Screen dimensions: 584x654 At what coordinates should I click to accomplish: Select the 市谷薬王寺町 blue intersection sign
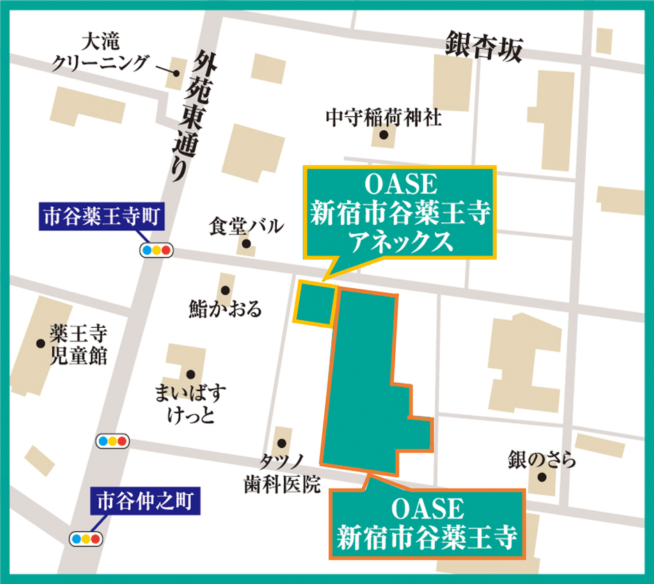point(102,218)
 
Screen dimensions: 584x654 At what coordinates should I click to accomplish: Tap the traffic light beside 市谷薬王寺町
point(157,250)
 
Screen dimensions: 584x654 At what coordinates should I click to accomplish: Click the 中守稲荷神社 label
point(383,118)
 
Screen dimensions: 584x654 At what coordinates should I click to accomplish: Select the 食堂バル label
point(246,226)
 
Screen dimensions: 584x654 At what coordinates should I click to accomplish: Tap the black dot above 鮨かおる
point(224,290)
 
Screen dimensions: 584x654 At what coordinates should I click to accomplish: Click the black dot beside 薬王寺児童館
point(40,342)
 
